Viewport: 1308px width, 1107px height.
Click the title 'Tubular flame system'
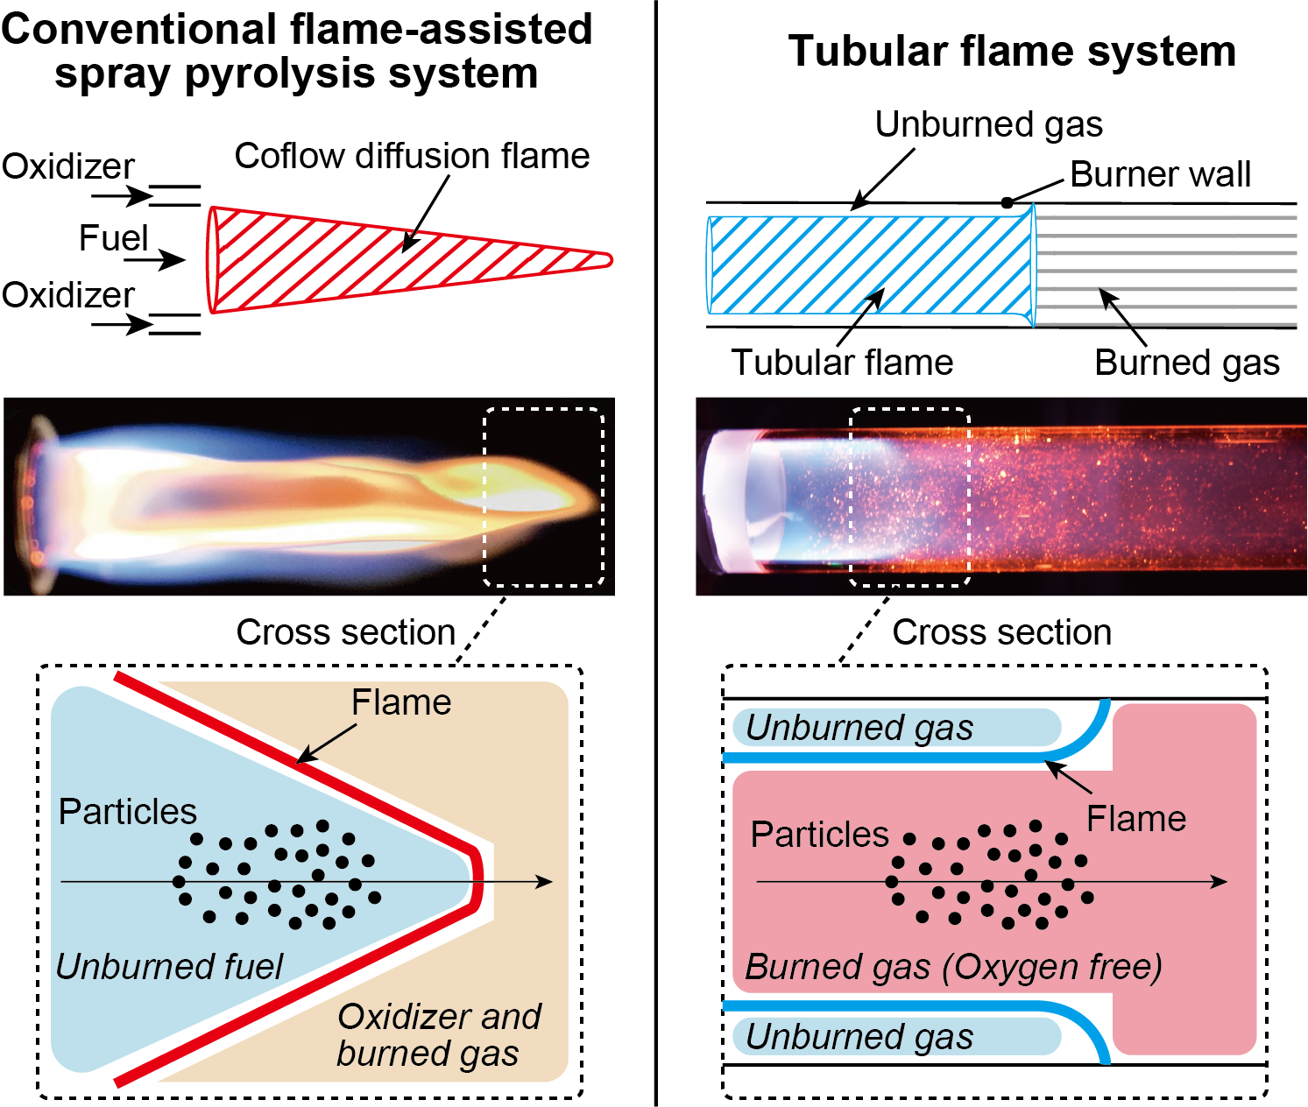pyautogui.click(x=1012, y=51)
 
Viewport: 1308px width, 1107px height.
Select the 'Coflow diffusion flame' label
pyautogui.click(x=412, y=156)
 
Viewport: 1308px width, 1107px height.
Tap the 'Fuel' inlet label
pyautogui.click(x=113, y=238)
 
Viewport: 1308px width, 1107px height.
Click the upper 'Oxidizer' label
pyautogui.click(x=68, y=166)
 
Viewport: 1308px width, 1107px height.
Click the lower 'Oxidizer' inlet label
pyautogui.click(x=68, y=295)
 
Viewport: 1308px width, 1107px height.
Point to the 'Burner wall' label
pyautogui.click(x=1160, y=174)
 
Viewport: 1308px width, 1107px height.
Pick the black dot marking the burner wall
pyautogui.click(x=1007, y=203)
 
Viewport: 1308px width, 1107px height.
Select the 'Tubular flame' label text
pyautogui.click(x=842, y=362)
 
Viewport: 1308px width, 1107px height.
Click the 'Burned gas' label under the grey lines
pyautogui.click(x=1186, y=362)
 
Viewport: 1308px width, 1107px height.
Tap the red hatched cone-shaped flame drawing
pyautogui.click(x=350, y=259)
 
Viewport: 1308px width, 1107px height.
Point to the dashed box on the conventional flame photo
pyautogui.click(x=543, y=497)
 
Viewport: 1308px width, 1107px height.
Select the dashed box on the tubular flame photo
pyautogui.click(x=910, y=497)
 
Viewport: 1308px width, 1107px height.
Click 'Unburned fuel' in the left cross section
pyautogui.click(x=169, y=966)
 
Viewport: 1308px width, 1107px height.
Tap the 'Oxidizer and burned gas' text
pyautogui.click(x=438, y=1035)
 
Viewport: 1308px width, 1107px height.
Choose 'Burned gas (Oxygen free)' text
pyautogui.click(x=953, y=967)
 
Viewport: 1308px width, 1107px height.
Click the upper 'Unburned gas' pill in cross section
pyautogui.click(x=894, y=728)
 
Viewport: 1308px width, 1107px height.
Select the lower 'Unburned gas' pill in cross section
pyautogui.click(x=894, y=1037)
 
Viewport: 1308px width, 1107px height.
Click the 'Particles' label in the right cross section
pyautogui.click(x=819, y=835)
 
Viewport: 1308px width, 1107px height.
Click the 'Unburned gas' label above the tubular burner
pyautogui.click(x=988, y=124)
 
